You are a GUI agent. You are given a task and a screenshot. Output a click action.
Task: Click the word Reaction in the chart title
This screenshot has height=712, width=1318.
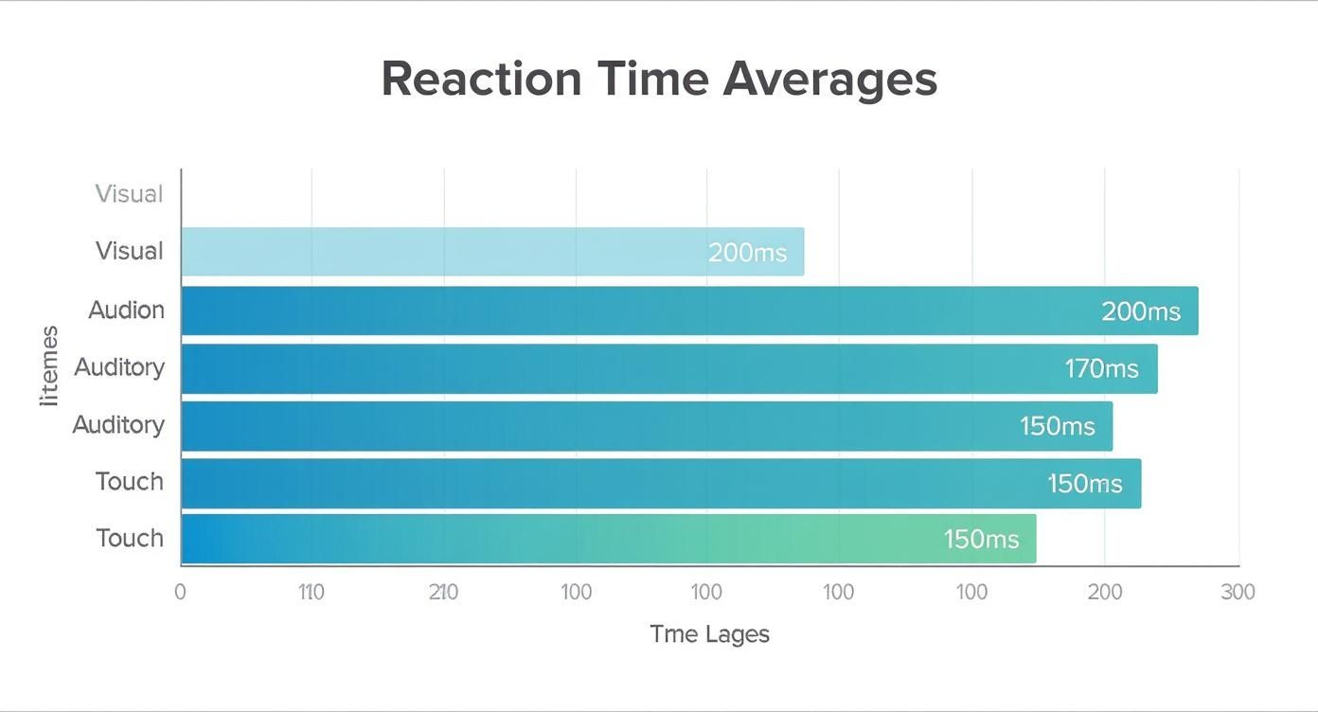[481, 79]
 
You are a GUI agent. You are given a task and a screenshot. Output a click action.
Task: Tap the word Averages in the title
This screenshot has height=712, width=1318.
[829, 79]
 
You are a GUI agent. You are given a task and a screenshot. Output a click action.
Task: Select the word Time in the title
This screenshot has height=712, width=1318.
[652, 79]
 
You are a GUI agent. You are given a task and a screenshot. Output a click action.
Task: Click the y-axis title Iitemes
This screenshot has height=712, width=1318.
[49, 366]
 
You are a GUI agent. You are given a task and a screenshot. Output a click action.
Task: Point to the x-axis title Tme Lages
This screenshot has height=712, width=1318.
[709, 634]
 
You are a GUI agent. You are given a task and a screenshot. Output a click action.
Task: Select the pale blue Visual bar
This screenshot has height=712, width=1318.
[492, 252]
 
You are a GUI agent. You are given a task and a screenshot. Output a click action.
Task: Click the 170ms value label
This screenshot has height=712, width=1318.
[1101, 368]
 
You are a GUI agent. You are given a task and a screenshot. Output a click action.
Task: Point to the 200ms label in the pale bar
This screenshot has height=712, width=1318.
[747, 253]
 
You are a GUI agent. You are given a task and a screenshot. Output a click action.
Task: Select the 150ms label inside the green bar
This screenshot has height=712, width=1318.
[981, 540]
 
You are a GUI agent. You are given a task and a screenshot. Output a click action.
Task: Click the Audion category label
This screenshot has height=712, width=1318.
[126, 310]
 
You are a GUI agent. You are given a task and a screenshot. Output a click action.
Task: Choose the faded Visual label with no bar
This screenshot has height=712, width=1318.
[129, 194]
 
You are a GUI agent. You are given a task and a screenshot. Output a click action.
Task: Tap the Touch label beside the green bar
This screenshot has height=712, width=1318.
[129, 538]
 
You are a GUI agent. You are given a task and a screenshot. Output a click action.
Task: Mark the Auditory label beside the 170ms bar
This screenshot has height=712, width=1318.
[119, 366]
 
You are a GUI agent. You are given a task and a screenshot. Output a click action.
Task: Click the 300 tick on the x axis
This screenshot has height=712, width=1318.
[1238, 593]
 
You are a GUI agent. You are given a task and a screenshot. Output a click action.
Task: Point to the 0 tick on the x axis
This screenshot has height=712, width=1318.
[180, 593]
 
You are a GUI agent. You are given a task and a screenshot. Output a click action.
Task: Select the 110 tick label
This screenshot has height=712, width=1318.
[311, 593]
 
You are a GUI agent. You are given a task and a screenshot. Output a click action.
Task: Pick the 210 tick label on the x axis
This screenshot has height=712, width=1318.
[443, 593]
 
